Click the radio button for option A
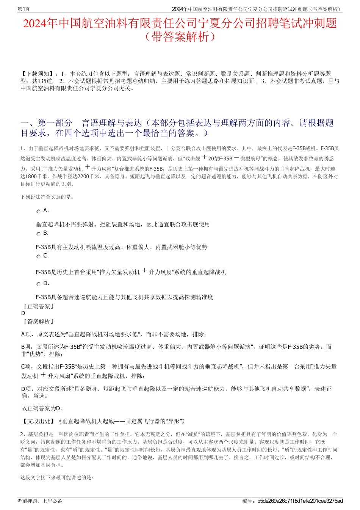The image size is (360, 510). [x=38, y=212]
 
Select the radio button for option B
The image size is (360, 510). [x=38, y=234]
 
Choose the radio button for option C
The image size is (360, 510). [x=38, y=257]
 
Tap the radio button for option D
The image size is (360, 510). [x=38, y=284]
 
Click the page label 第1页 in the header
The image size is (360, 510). [x=23, y=9]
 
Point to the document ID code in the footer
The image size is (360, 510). [x=300, y=501]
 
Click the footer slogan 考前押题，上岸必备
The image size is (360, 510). [x=40, y=501]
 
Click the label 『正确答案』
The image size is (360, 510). [x=38, y=306]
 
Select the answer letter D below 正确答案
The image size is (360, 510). [x=23, y=313]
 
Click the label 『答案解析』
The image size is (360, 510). [x=38, y=321]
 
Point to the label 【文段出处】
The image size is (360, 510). [x=38, y=421]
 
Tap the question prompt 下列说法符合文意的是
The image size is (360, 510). [x=47, y=197]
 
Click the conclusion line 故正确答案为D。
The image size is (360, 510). [x=42, y=408]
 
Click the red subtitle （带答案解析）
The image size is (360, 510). [x=180, y=37]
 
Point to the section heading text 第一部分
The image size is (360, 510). [x=55, y=123]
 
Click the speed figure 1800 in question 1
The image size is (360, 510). [x=31, y=176]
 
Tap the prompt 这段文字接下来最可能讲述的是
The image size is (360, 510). [x=57, y=477]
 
